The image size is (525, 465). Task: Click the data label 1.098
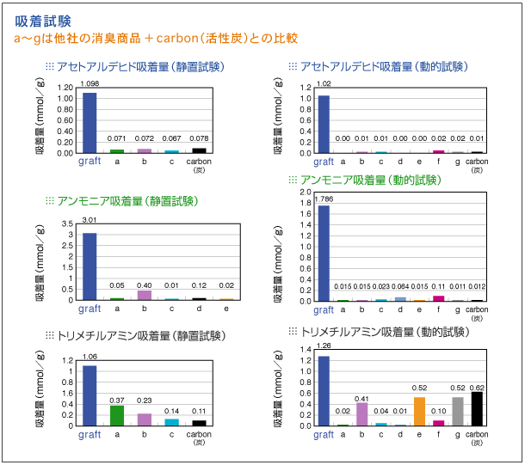89,83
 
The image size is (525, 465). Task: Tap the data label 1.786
324,199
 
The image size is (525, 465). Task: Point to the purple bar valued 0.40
144,295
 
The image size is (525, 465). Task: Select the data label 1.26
324,346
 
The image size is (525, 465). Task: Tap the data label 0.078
199,138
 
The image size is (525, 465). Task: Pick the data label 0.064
400,286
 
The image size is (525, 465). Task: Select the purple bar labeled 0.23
144,419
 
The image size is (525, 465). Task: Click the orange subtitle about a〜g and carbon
156,39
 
